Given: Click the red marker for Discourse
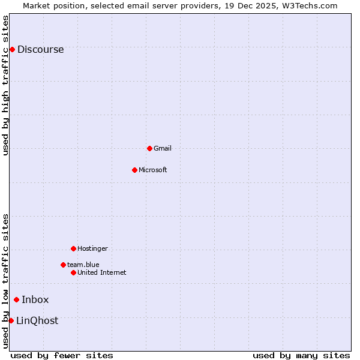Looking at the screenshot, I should tap(12, 49).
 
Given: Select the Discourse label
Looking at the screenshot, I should tap(40, 50).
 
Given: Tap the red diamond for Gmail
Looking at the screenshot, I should tap(149, 148).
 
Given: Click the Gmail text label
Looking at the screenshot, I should tap(163, 148).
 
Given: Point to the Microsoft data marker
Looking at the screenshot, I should tap(134, 170).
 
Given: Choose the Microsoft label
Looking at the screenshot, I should tap(153, 170).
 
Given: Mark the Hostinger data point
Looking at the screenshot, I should tap(73, 248).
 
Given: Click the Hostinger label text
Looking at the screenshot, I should tap(92, 248).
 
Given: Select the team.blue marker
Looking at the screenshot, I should tap(63, 265).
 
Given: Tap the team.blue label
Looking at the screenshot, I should tap(83, 265).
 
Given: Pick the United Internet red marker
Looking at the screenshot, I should tap(73, 272).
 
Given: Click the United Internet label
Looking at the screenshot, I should tap(102, 272).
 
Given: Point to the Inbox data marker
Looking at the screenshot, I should tap(16, 300).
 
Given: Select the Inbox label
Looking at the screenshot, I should tap(35, 300).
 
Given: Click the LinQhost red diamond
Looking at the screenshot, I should tap(11, 320).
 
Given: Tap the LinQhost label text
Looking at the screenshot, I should tap(37, 321).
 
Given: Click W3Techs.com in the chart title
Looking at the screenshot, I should tap(310, 5).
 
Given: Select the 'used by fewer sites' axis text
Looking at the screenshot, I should tap(62, 355).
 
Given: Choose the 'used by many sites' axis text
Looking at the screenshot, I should tap(301, 355).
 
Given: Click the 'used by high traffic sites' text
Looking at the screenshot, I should tap(5, 85).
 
